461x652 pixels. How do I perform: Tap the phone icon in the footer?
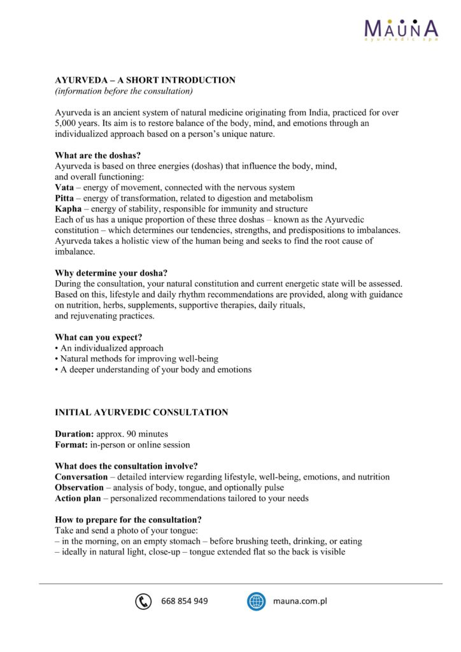point(143,601)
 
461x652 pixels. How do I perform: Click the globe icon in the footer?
point(256,601)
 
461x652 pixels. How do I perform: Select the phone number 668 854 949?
point(185,601)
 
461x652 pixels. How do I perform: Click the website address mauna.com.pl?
point(300,601)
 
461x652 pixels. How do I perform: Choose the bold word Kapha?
point(68,209)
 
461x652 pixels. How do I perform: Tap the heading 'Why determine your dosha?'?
point(106,273)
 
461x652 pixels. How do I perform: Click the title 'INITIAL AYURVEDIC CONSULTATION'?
point(141,413)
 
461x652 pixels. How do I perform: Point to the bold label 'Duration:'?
point(74,434)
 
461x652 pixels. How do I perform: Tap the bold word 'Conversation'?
point(82,477)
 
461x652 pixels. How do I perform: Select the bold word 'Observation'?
point(80,488)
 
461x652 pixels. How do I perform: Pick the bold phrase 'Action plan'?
point(77,499)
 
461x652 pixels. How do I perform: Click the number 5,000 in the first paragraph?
point(67,124)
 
